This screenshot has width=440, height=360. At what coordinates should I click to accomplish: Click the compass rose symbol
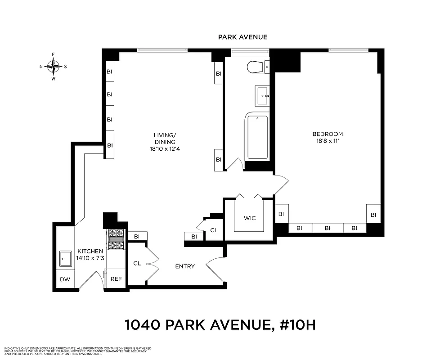[x=54, y=67]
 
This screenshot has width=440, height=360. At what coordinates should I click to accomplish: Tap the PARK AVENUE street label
[x=242, y=37]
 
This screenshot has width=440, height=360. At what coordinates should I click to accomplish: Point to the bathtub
[x=257, y=137]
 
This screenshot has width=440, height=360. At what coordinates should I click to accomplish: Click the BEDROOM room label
[x=328, y=134]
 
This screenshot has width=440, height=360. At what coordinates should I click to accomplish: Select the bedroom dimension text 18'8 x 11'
[x=328, y=141]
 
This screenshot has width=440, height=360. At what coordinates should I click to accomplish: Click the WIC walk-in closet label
[x=250, y=218]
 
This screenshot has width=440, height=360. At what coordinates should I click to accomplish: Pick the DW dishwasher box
[x=65, y=279]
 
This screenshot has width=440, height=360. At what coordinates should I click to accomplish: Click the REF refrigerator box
[x=116, y=279]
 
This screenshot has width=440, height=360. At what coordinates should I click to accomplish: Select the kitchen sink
[x=66, y=259]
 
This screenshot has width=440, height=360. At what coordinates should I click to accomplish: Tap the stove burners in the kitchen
[x=116, y=239]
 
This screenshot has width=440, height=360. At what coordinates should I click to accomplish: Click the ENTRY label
[x=185, y=266]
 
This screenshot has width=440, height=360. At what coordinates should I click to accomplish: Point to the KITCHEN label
[x=90, y=251]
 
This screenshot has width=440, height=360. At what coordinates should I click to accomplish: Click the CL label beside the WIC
[x=214, y=230]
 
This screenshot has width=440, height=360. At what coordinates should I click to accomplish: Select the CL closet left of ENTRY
[x=137, y=263]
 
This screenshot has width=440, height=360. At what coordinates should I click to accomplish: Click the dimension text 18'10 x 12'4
[x=165, y=148]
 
